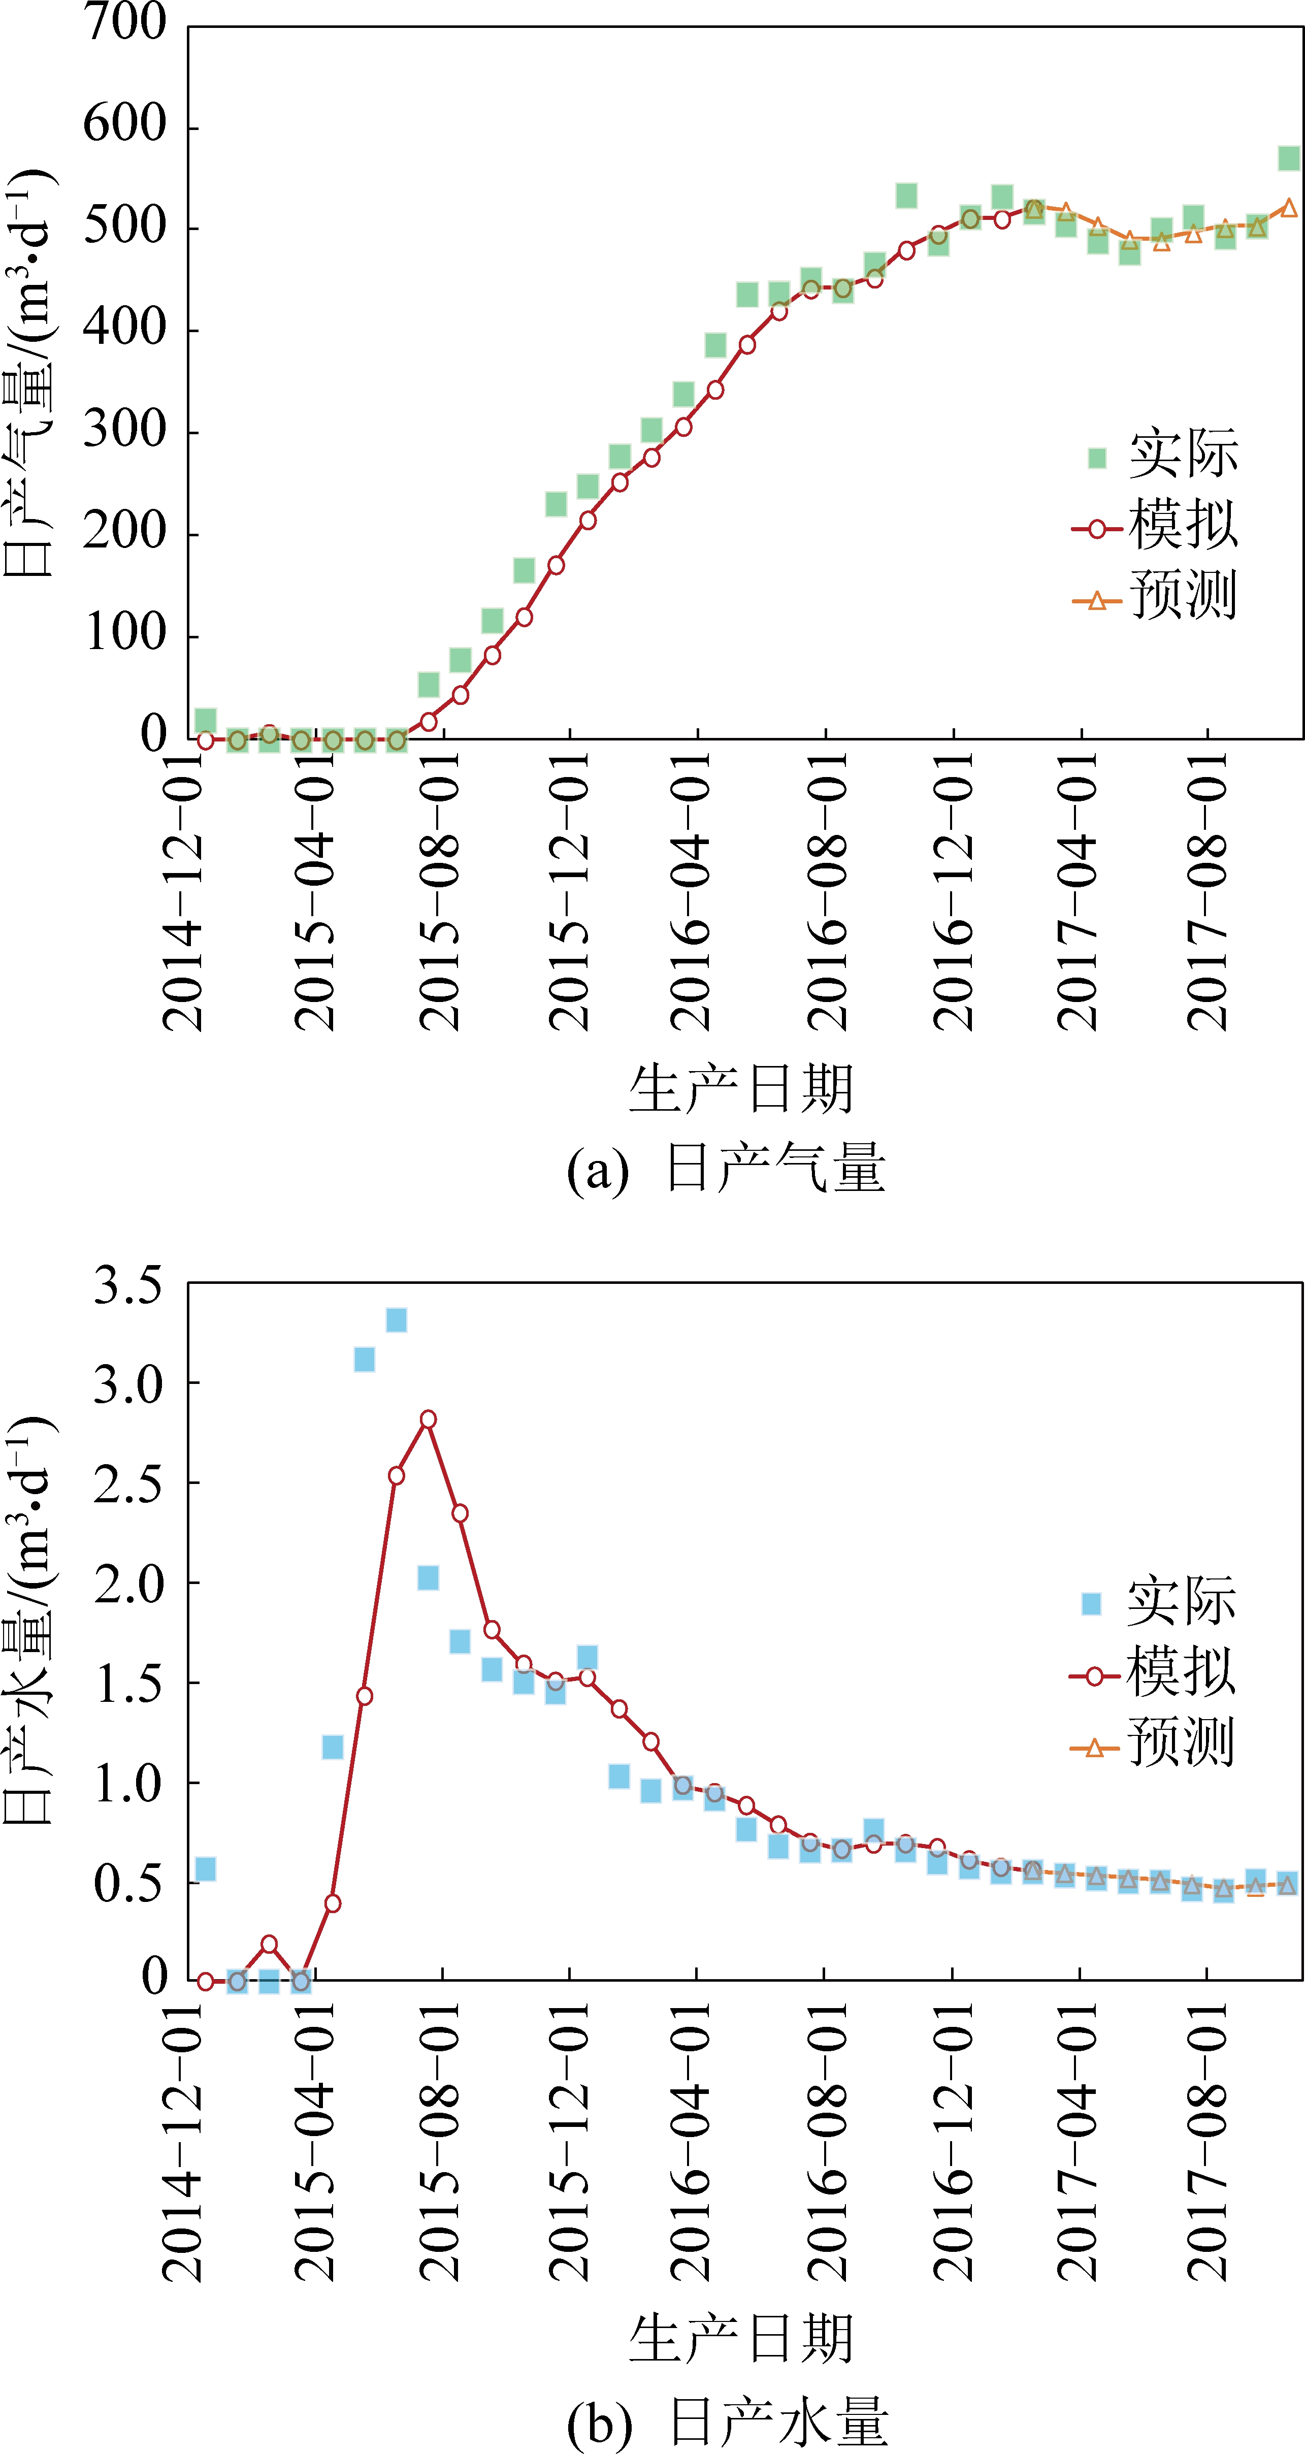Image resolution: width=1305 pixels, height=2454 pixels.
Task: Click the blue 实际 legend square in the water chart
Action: coord(1092,1603)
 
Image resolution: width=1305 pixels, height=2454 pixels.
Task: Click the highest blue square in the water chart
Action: coord(396,1319)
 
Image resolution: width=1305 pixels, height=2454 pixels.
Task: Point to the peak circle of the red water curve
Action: coord(429,1419)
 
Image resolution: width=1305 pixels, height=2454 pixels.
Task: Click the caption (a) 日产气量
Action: coord(726,1169)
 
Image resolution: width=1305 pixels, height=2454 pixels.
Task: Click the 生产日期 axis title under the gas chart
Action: coord(740,1089)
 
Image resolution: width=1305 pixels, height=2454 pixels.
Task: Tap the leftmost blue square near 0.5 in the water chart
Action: coord(205,1869)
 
